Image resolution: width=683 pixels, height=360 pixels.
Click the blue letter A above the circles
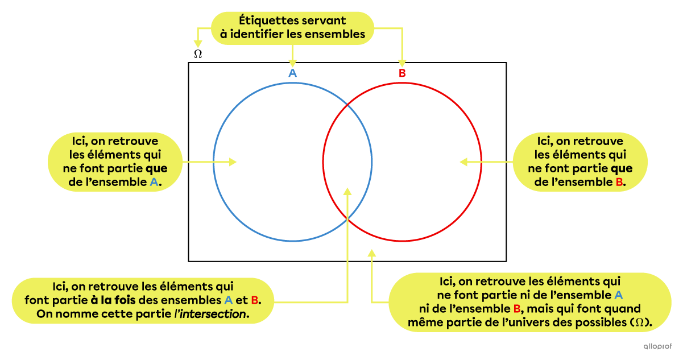(292, 73)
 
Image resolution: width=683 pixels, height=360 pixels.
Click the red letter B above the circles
(402, 73)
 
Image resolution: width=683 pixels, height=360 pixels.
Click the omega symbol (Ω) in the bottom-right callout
(640, 323)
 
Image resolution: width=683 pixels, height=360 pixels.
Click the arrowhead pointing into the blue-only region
(232, 162)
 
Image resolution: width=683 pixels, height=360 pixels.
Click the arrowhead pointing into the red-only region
(463, 162)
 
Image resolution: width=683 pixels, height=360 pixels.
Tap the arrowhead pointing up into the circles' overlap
(348, 192)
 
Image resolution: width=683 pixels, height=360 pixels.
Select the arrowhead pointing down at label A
(292, 63)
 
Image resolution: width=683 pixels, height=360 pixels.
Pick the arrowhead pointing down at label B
(402, 63)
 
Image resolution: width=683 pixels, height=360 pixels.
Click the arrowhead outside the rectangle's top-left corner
(198, 43)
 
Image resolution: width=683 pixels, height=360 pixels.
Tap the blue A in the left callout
(154, 183)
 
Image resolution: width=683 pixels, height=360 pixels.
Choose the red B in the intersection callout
(254, 300)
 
